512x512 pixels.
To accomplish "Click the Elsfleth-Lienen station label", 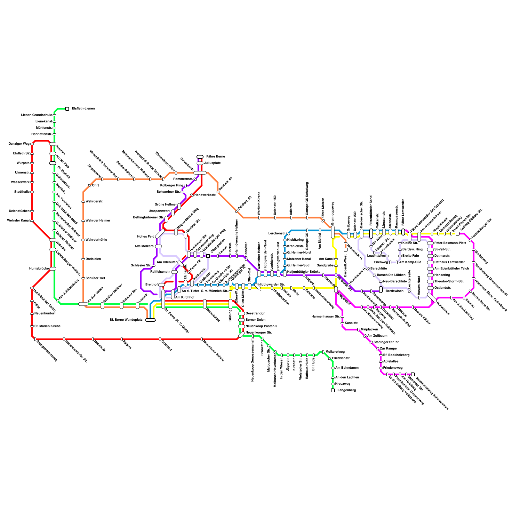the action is pyautogui.click(x=83, y=109).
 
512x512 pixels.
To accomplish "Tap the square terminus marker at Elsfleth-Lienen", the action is pyautogui.click(x=67, y=109).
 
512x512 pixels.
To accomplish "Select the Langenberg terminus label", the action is pyautogui.click(x=347, y=390).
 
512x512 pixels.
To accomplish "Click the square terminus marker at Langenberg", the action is pyautogui.click(x=333, y=390).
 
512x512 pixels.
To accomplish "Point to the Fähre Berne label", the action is pyautogui.click(x=215, y=157).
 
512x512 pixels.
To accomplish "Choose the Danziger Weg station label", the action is pyautogui.click(x=19, y=144).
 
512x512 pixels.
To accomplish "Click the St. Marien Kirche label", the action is pyautogui.click(x=47, y=326).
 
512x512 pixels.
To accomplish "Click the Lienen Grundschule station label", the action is pyautogui.click(x=36, y=115).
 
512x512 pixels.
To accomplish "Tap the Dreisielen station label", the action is pyautogui.click(x=93, y=259).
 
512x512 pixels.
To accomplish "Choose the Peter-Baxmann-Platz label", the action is pyautogui.click(x=450, y=243).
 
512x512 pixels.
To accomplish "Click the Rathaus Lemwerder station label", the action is pyautogui.click(x=450, y=262).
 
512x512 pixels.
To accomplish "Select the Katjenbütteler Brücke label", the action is pyautogui.click(x=304, y=272).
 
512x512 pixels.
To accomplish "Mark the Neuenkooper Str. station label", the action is pyautogui.click(x=259, y=333).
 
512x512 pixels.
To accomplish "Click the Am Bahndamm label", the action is pyautogui.click(x=347, y=368).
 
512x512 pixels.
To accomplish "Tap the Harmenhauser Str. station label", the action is pyautogui.click(x=326, y=317).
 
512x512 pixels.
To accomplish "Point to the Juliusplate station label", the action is pyautogui.click(x=212, y=163).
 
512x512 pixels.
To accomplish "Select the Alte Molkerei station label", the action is pyautogui.click(x=144, y=246).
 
